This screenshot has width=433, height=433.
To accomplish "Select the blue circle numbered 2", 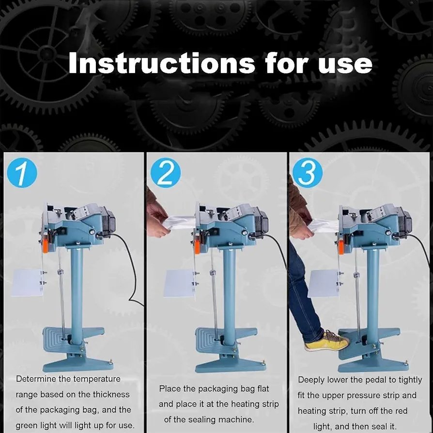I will click(x=166, y=173).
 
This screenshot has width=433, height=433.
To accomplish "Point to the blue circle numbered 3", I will click(x=307, y=173).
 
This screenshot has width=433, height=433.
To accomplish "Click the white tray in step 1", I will click(x=27, y=282).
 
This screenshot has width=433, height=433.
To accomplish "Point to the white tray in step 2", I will click(x=179, y=283).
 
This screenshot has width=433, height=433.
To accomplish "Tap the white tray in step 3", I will click(x=324, y=283).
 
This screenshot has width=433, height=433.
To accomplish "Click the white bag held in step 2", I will click(x=179, y=222).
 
